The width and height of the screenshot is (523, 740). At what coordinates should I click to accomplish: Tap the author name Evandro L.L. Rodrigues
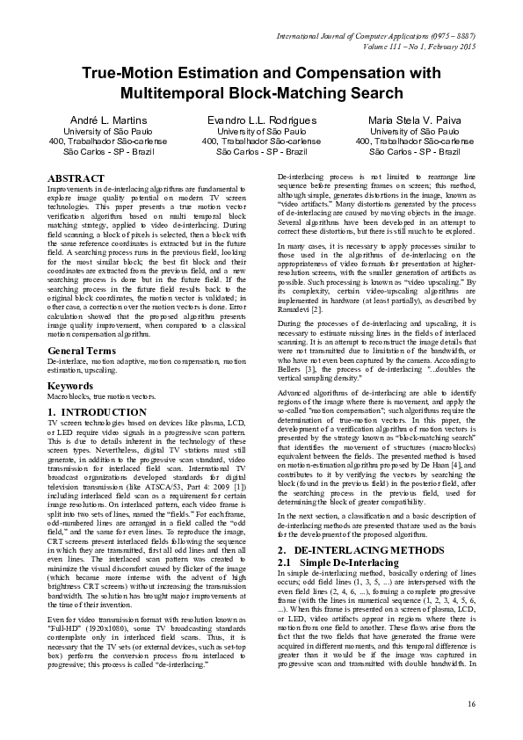(261, 120)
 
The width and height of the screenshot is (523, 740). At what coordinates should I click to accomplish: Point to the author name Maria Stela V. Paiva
(415, 120)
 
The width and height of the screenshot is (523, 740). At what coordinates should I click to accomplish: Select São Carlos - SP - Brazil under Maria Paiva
(415, 151)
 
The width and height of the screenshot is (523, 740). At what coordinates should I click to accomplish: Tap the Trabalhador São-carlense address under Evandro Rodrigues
(261, 141)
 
